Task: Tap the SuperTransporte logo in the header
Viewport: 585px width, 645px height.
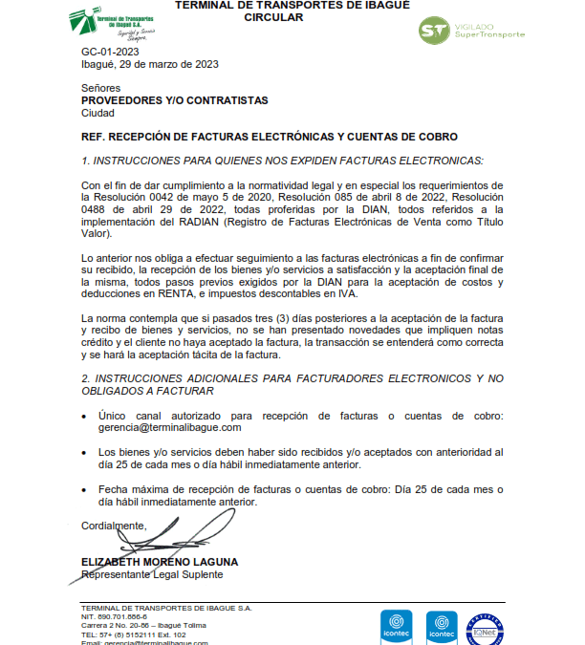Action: (x=472, y=30)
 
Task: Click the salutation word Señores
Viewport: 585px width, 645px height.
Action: (x=100, y=88)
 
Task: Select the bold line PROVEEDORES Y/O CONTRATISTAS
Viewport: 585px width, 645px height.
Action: (x=175, y=100)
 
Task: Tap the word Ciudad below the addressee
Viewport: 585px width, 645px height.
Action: (x=98, y=113)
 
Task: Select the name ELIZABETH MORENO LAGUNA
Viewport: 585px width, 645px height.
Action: (x=160, y=562)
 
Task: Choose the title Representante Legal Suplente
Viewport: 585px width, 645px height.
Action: (x=152, y=574)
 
